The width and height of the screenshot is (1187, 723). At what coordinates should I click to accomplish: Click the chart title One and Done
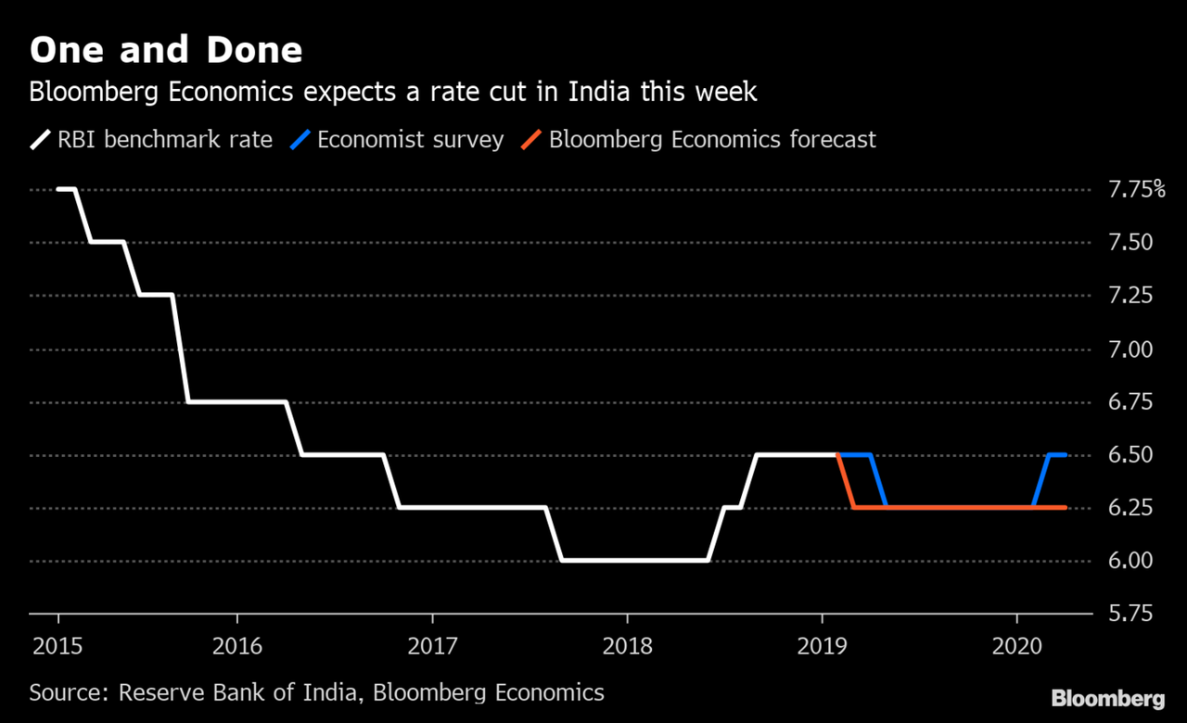point(166,50)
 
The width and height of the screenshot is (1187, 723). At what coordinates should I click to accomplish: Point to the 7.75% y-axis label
point(1137,190)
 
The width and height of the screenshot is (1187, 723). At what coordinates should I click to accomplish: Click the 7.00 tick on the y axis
point(1130,349)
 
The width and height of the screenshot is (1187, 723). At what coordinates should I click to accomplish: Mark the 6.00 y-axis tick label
point(1130,561)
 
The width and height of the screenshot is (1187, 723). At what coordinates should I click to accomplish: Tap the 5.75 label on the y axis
point(1130,614)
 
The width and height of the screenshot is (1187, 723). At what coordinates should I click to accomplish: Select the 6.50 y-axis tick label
point(1130,455)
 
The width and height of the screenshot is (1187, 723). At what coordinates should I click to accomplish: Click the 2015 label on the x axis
point(57,645)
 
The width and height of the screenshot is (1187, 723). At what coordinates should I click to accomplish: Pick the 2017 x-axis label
point(431,645)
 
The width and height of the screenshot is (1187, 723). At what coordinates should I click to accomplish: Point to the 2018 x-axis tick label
point(627,645)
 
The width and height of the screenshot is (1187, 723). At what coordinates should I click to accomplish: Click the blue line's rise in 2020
point(1040,481)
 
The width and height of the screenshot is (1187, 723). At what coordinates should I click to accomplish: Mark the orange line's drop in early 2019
point(845,481)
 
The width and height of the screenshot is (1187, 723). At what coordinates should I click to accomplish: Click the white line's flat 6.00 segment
point(634,560)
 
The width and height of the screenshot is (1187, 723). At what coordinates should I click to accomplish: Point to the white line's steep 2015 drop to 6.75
point(180,349)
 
